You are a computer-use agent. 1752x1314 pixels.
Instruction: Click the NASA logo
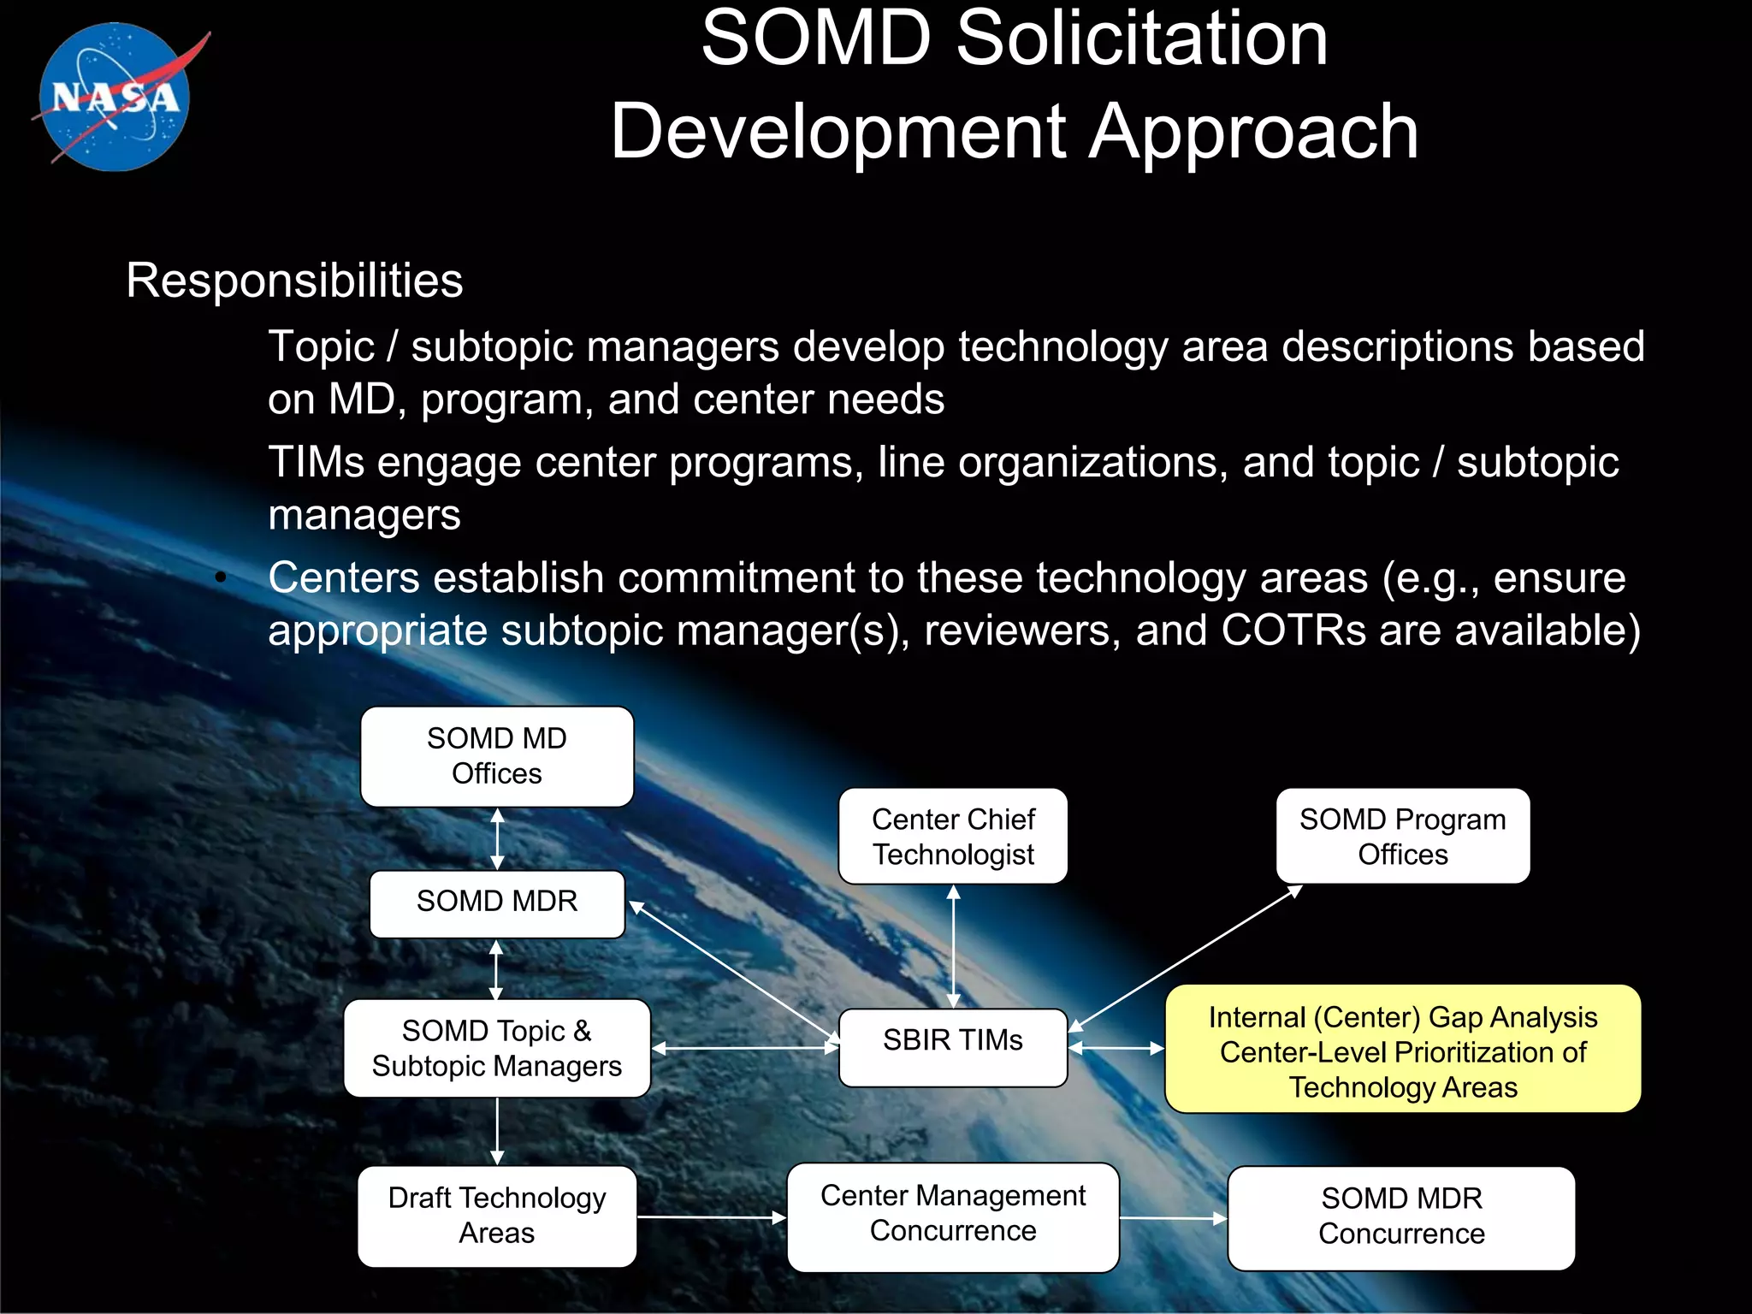coord(115,97)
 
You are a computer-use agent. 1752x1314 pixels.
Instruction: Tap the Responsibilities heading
coord(294,281)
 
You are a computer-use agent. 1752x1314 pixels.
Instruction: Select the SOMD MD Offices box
coord(496,756)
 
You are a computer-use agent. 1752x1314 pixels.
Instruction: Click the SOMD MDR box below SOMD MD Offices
coord(496,903)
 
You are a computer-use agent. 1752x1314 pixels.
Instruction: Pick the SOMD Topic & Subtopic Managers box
coord(496,1048)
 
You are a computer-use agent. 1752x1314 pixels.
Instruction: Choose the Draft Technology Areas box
coord(496,1216)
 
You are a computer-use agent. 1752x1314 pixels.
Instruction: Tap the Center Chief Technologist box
coord(953,837)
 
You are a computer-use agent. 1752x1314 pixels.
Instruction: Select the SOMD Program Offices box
coord(1402,837)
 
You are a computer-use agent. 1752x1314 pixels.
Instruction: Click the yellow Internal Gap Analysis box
coord(1402,1050)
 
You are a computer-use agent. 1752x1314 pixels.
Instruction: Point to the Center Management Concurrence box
coord(953,1216)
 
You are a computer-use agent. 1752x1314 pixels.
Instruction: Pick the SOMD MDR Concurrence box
coord(1400,1217)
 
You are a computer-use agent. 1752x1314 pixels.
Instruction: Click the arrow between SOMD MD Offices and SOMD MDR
coord(497,839)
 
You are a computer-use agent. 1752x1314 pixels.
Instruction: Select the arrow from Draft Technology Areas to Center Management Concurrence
coord(711,1216)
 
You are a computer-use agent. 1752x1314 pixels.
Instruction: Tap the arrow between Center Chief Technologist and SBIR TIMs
coord(953,946)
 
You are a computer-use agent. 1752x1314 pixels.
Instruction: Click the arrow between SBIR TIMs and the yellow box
coord(1116,1048)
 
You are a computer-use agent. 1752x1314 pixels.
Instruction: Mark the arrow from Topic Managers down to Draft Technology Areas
coord(497,1131)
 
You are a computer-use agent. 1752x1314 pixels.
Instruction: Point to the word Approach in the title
coord(1253,133)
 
